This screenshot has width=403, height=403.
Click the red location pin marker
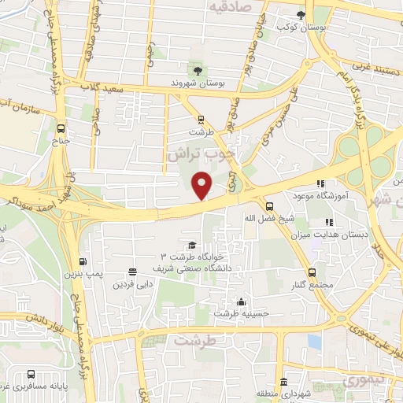[x=203, y=184]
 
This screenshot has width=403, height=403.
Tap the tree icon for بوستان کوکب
[x=300, y=15]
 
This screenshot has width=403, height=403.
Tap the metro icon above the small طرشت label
[x=201, y=120]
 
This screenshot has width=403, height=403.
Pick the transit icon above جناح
[x=61, y=129]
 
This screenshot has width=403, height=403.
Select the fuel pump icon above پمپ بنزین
[x=82, y=262]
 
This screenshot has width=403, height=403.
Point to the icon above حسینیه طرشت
[x=240, y=301]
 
